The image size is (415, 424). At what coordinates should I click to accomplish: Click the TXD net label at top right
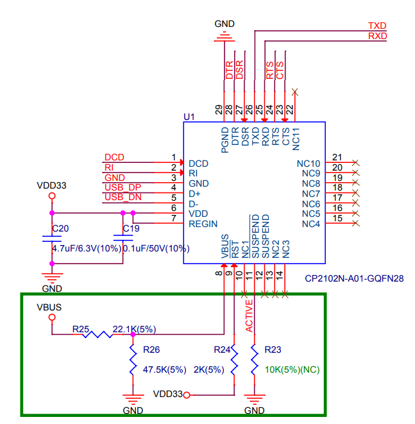377,26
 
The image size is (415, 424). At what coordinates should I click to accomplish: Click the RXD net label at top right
377,37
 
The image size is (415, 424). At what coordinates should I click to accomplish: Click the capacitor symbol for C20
52,238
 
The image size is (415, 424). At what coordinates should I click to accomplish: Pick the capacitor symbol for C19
123,238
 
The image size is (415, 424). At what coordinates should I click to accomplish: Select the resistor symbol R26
133,360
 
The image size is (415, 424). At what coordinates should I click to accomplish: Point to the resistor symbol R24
233,360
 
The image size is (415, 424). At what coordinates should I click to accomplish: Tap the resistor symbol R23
254,360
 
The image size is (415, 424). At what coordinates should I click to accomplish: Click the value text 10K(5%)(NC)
292,370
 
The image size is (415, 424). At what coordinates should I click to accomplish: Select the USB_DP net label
123,187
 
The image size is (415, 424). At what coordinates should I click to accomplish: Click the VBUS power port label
49,307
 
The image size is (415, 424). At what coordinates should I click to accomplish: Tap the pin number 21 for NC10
337,157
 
